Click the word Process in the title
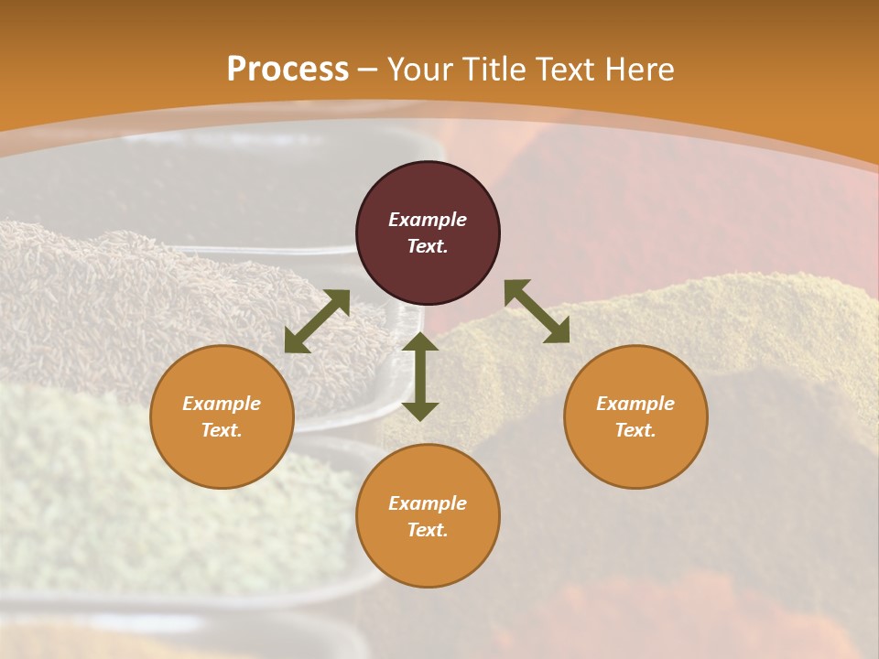[x=288, y=70]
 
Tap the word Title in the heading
[x=492, y=70]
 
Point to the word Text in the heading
[x=565, y=70]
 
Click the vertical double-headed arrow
[x=420, y=376]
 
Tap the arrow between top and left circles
[x=317, y=321]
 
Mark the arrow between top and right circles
[x=537, y=311]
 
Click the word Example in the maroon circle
[x=428, y=220]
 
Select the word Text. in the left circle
[x=222, y=430]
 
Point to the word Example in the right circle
[x=635, y=404]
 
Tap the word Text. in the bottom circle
[x=428, y=530]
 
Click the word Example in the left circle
[x=222, y=404]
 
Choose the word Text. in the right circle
[x=635, y=430]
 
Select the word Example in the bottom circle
[x=428, y=503]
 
